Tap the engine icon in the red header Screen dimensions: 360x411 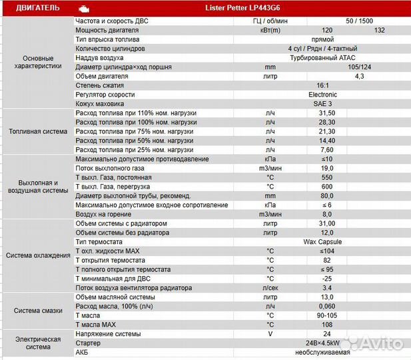[83, 9]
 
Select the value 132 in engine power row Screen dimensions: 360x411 [380, 30]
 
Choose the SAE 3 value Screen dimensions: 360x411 [322, 104]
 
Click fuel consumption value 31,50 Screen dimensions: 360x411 [326, 113]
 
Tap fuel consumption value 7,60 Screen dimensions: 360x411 [326, 150]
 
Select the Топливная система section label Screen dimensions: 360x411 [38, 131]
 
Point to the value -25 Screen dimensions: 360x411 [326, 279]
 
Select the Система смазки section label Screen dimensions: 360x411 [38, 311]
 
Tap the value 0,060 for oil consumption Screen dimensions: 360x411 [326, 306]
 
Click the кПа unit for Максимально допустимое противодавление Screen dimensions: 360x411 [270, 159]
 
